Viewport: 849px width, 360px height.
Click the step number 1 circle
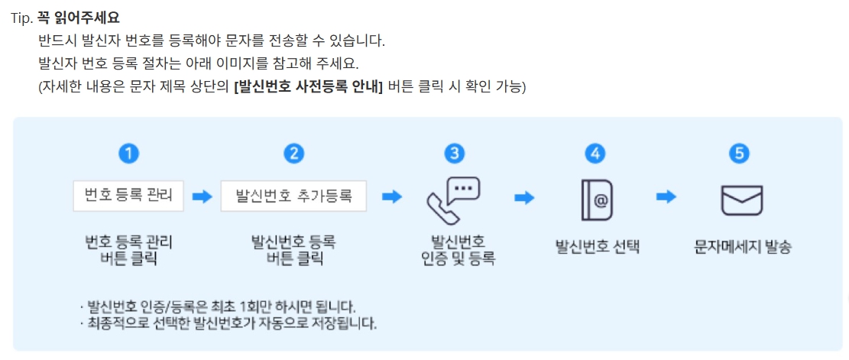129,153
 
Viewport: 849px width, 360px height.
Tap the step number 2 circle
293,153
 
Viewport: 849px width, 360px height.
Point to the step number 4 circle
595,153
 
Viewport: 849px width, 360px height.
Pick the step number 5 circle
738,153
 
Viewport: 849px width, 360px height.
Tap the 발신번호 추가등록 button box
293,196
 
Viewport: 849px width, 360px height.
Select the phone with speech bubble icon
453,198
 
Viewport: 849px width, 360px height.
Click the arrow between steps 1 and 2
202,196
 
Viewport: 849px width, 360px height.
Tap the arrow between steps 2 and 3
392,196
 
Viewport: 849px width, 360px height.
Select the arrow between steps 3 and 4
525,197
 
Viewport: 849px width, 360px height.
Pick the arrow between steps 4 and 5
666,197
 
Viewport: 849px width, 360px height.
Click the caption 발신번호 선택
597,248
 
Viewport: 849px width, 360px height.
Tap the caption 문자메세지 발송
742,248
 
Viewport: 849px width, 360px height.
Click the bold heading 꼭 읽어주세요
79,16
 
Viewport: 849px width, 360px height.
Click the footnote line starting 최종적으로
228,323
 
